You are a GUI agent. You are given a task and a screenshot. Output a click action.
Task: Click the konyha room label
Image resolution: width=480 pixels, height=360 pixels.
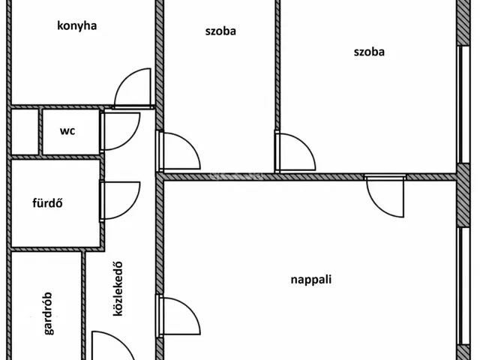(x=76, y=26)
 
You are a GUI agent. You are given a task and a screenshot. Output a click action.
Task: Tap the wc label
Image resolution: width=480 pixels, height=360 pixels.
(x=67, y=131)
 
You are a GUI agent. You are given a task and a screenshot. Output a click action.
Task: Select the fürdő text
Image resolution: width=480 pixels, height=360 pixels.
(x=47, y=203)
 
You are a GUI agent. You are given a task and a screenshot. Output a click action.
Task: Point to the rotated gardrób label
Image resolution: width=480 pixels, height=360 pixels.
(x=48, y=313)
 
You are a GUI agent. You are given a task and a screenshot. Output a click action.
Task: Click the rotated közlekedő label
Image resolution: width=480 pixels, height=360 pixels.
(x=118, y=289)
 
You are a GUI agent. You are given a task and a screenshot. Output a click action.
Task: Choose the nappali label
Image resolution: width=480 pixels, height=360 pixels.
(x=311, y=280)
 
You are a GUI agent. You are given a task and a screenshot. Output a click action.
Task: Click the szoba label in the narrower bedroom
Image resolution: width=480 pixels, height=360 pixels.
(x=220, y=31)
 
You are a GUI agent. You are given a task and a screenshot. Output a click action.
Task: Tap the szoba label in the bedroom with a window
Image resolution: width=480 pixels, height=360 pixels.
(x=369, y=52)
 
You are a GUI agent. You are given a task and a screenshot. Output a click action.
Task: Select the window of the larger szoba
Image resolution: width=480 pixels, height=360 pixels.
(x=463, y=104)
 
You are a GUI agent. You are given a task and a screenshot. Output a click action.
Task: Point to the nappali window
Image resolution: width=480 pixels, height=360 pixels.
(x=463, y=286)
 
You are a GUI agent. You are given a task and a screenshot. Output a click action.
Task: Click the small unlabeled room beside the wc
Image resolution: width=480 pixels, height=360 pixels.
(x=25, y=132)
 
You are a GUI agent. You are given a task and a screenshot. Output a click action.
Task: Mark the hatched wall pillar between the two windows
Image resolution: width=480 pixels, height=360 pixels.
(x=463, y=195)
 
